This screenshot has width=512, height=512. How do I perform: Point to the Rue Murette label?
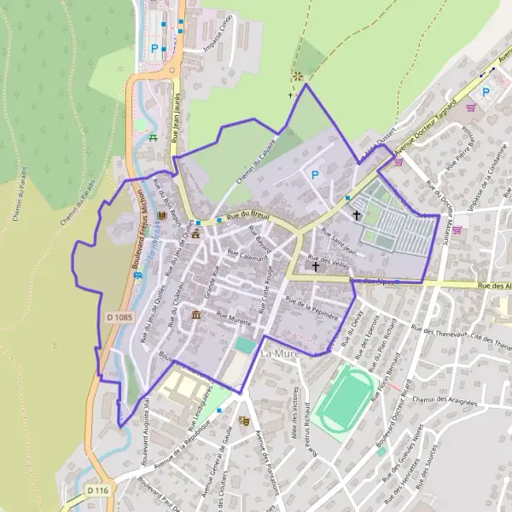234,320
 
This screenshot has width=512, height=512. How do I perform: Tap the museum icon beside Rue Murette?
197,316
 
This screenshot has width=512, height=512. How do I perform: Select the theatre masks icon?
243,421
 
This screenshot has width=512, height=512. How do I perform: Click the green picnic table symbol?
152,137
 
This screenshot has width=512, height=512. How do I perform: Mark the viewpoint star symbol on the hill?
297,77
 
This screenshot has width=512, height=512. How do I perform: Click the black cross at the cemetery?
357,215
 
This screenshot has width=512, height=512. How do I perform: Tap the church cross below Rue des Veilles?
315,267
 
